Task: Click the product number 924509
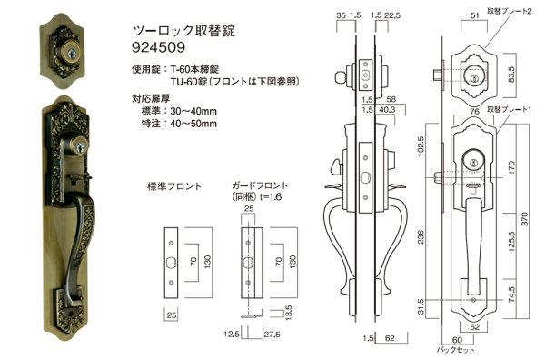pyautogui.click(x=159, y=46)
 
